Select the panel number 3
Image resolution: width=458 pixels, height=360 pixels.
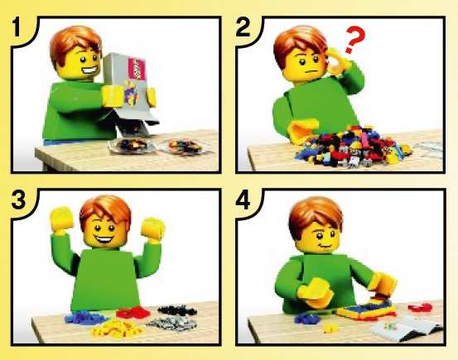tap(19, 199)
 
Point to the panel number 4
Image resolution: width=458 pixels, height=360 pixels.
tap(243, 199)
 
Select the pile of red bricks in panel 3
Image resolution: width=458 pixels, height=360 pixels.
tap(133, 312)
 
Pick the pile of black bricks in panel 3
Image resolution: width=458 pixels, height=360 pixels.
tap(176, 310)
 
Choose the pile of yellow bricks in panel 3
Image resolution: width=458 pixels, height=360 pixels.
tap(118, 329)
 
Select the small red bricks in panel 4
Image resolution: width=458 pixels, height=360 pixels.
tap(420, 307)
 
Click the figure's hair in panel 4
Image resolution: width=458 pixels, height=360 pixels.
tap(316, 215)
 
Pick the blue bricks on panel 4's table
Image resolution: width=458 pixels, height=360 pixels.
tap(306, 319)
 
